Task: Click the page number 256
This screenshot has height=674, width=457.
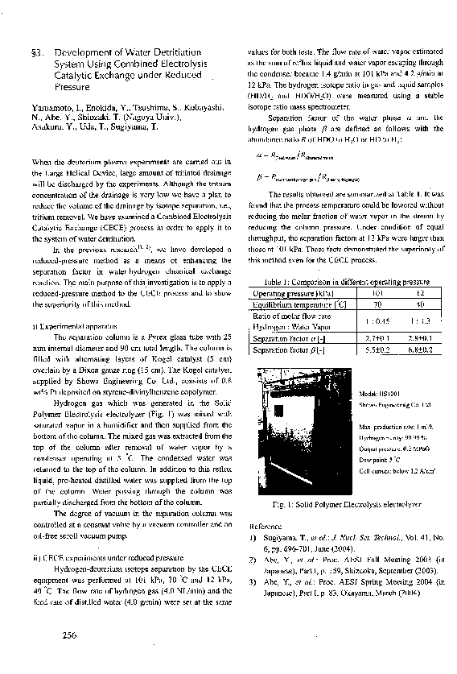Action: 69,637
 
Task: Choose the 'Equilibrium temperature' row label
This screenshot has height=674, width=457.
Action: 293,306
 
